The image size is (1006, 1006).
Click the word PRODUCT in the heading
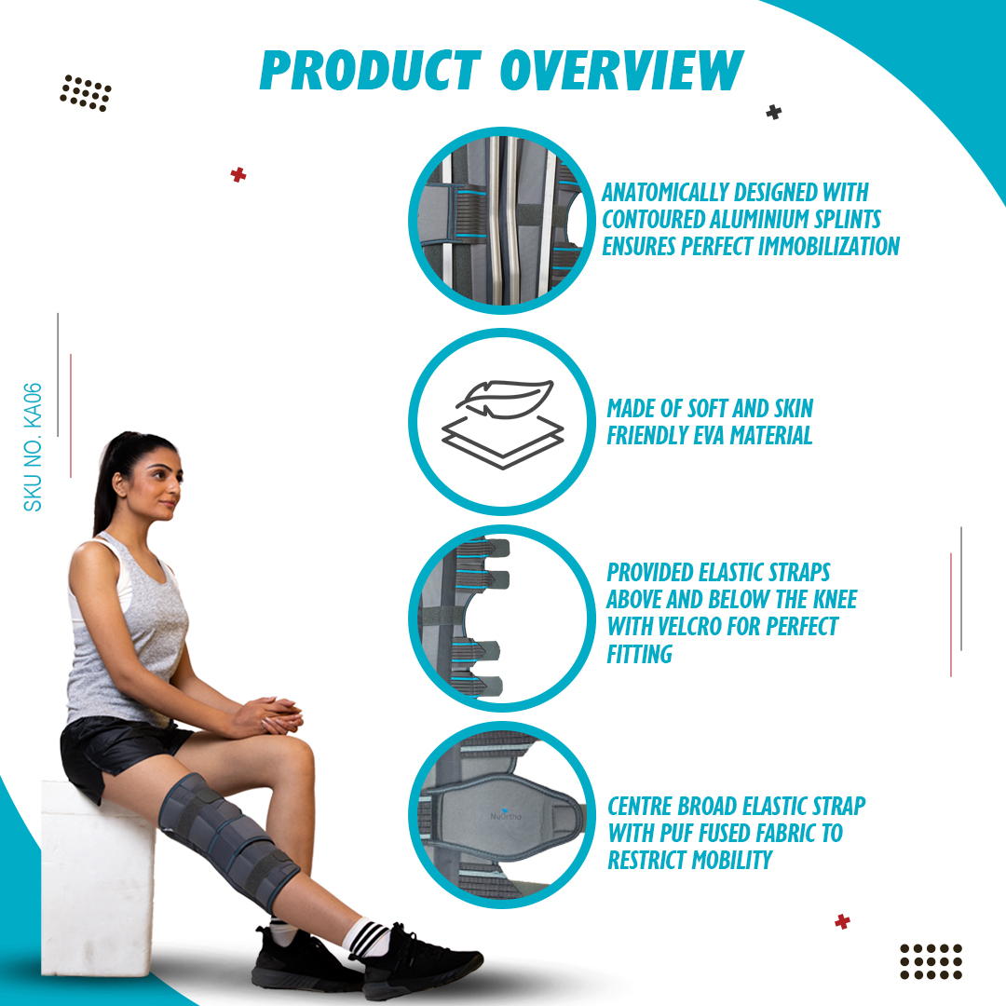click(x=371, y=70)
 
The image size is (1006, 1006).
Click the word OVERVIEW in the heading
click(x=621, y=70)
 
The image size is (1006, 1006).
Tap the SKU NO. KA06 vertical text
click(x=33, y=447)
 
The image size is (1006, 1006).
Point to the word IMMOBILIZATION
click(x=825, y=246)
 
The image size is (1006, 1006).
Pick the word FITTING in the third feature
click(x=640, y=654)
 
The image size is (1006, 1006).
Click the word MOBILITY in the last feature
click(x=732, y=860)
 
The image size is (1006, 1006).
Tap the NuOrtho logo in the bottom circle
click(x=506, y=815)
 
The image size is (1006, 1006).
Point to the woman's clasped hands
click(x=269, y=715)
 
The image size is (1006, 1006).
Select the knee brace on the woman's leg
click(x=228, y=840)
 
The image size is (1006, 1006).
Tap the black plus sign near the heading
click(x=774, y=113)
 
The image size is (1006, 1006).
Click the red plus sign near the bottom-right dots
click(x=842, y=922)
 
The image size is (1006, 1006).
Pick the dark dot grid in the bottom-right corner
click(x=931, y=961)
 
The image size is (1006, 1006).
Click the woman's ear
click(x=119, y=483)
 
